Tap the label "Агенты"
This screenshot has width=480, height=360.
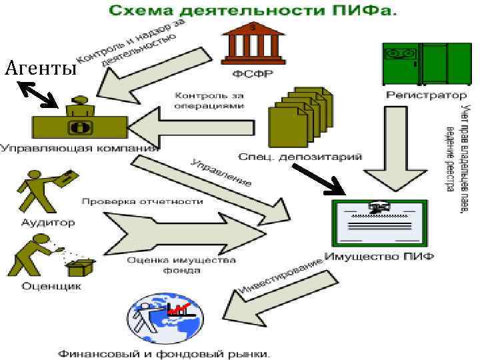39,67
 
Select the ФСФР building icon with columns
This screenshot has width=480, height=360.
252,41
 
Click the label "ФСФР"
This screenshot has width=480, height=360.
251,74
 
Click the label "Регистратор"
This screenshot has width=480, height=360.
417,95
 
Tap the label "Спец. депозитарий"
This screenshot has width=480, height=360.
301,157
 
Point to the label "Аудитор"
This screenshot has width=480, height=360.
48,222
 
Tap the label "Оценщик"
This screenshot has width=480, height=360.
51,286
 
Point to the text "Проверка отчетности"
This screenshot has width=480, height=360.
141,201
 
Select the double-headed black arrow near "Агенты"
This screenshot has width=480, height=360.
37,93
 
